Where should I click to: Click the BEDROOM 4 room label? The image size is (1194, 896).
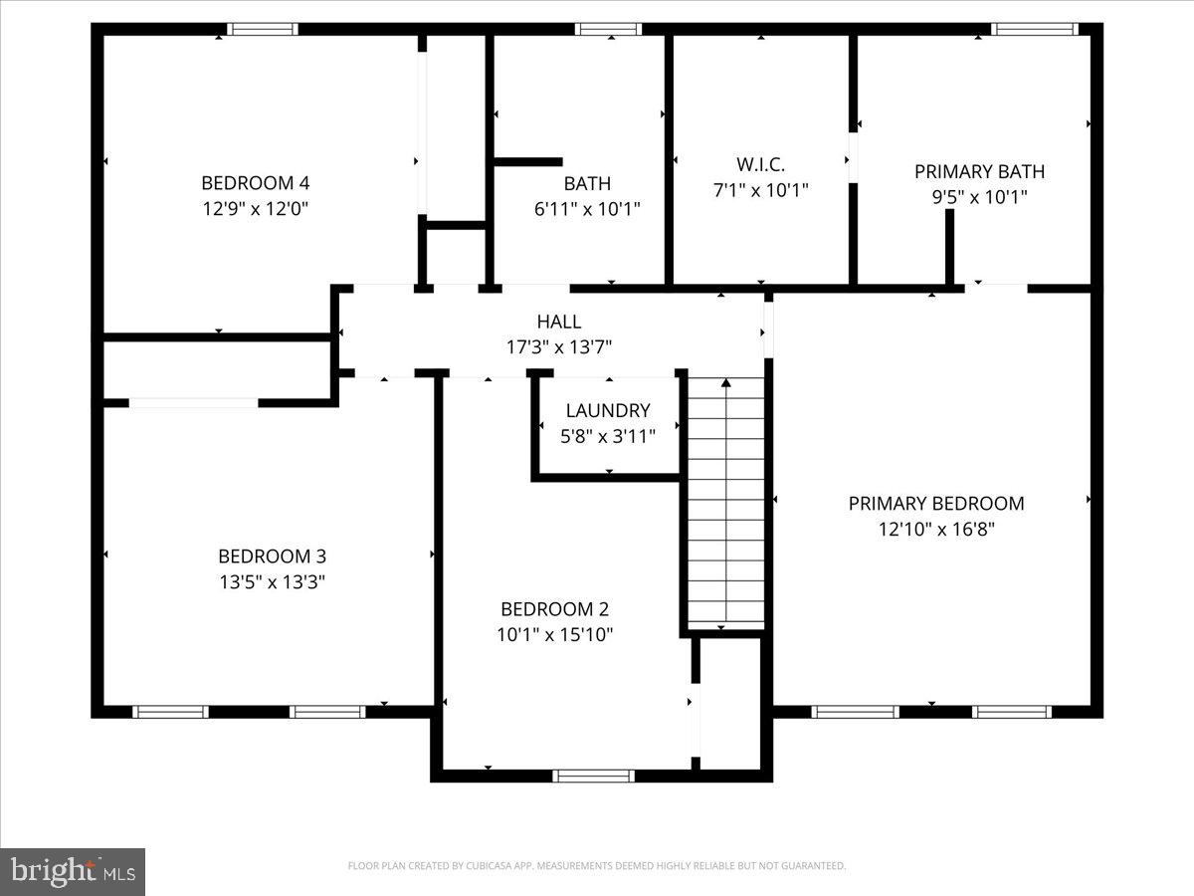coord(255,182)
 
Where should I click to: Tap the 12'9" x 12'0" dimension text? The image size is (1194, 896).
coord(255,209)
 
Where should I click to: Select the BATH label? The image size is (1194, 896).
coord(587,183)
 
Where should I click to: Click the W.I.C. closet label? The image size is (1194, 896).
coord(760,163)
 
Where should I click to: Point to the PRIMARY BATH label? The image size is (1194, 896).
coord(979,171)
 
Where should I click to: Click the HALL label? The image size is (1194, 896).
coord(558,322)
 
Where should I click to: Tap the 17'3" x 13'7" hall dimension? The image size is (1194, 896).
coord(558,347)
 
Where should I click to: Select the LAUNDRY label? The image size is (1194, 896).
coord(607,410)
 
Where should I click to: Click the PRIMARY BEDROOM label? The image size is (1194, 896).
coord(935,503)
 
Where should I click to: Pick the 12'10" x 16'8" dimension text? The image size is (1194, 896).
coord(935,530)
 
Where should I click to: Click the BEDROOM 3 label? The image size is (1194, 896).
coord(272,556)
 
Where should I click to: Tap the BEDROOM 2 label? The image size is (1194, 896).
coord(554,609)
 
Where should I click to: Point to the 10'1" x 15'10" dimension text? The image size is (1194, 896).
coord(554,635)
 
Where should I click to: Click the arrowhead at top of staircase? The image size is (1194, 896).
coord(726,382)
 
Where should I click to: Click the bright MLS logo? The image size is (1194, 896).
coord(73,872)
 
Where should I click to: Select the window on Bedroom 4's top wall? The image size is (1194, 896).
coord(262,29)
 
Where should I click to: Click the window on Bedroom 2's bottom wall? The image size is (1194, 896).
coord(593,776)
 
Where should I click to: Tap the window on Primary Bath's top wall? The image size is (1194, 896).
coord(1036,29)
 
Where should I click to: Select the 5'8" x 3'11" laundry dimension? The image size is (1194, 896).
coord(607,436)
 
